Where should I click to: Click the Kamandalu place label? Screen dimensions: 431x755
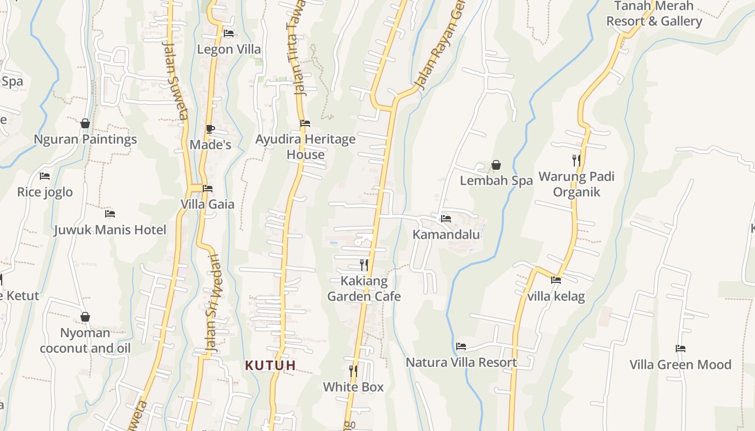(446, 234)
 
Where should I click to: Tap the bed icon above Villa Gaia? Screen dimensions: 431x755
(208, 189)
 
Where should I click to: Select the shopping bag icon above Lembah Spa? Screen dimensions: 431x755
(496, 165)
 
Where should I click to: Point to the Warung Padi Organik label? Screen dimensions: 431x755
(576, 184)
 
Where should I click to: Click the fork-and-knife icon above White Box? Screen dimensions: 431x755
(353, 371)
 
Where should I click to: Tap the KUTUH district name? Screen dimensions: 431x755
(270, 365)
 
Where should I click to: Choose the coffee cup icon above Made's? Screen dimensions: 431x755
(210, 129)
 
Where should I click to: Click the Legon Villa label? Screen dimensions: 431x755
(229, 50)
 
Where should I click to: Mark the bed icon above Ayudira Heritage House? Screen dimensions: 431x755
(305, 123)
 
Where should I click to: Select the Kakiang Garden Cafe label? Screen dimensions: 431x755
(364, 289)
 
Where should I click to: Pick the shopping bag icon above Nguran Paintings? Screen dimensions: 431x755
(85, 123)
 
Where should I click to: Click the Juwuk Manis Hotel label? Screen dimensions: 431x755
(110, 230)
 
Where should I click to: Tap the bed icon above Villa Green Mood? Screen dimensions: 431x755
(681, 349)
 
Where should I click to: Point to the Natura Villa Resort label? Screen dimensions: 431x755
(461, 363)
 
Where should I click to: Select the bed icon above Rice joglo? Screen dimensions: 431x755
(45, 176)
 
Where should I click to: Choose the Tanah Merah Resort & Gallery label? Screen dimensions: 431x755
(654, 14)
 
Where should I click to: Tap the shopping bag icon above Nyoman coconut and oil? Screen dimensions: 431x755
(85, 317)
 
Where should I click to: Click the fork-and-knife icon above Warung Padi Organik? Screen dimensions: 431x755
(576, 160)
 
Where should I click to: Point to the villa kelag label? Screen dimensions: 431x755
(556, 296)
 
